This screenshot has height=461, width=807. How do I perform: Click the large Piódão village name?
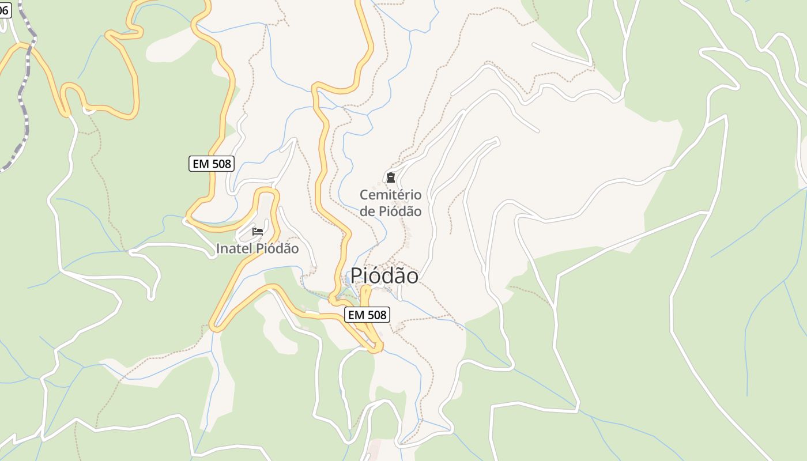click(384, 276)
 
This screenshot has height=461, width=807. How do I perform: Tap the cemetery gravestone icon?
click(391, 177)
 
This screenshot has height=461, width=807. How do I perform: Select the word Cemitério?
click(391, 195)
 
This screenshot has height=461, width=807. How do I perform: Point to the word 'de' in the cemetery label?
click(368, 211)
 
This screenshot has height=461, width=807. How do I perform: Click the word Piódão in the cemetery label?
click(400, 211)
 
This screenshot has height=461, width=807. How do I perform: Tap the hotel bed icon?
click(258, 232)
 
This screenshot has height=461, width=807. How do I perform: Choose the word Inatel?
click(234, 249)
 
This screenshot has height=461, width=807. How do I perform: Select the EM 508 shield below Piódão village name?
click(367, 315)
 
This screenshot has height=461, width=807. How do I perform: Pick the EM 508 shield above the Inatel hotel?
click(212, 164)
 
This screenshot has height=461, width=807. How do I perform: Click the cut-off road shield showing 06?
click(5, 10)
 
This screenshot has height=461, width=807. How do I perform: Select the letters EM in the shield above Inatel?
click(201, 164)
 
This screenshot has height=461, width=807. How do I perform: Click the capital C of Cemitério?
click(364, 195)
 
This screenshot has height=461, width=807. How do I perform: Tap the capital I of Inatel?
click(218, 249)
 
